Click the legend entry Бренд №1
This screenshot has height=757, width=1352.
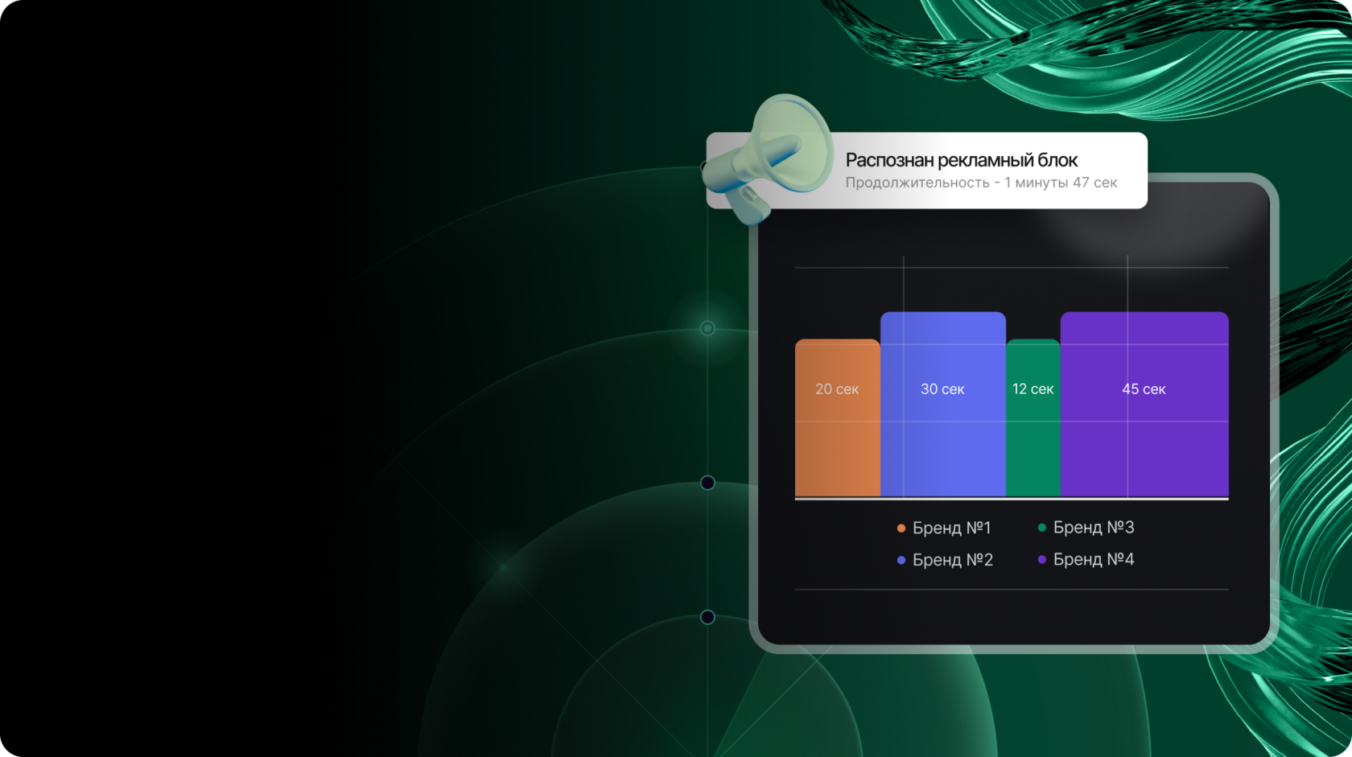(x=944, y=528)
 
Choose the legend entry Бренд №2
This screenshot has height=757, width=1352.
(x=945, y=560)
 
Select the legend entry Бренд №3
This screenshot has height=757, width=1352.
(x=1086, y=527)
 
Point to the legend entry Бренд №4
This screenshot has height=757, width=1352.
(x=1086, y=559)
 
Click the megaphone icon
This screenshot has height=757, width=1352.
(x=769, y=158)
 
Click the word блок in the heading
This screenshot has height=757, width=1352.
(x=1057, y=160)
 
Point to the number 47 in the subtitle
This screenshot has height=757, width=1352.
(x=1081, y=182)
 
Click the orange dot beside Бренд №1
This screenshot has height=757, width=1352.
(x=901, y=529)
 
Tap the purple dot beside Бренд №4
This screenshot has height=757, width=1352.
(x=1041, y=560)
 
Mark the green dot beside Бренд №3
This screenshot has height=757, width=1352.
(x=1041, y=528)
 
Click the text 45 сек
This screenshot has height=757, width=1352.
(x=1144, y=389)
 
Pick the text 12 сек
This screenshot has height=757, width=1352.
(x=1033, y=389)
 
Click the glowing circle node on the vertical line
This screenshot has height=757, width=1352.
(x=707, y=328)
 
